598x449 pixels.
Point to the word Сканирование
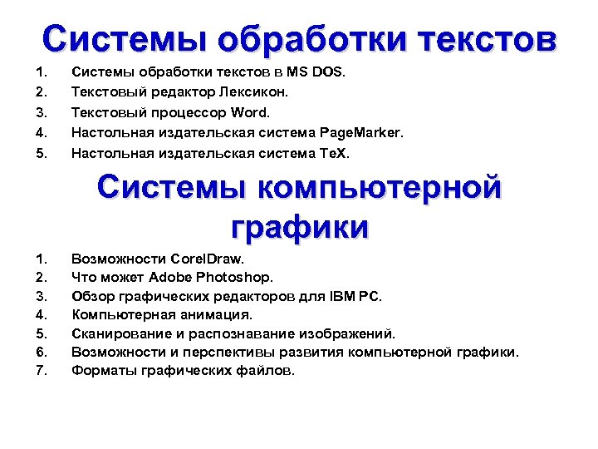pyautogui.click(x=120, y=333)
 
